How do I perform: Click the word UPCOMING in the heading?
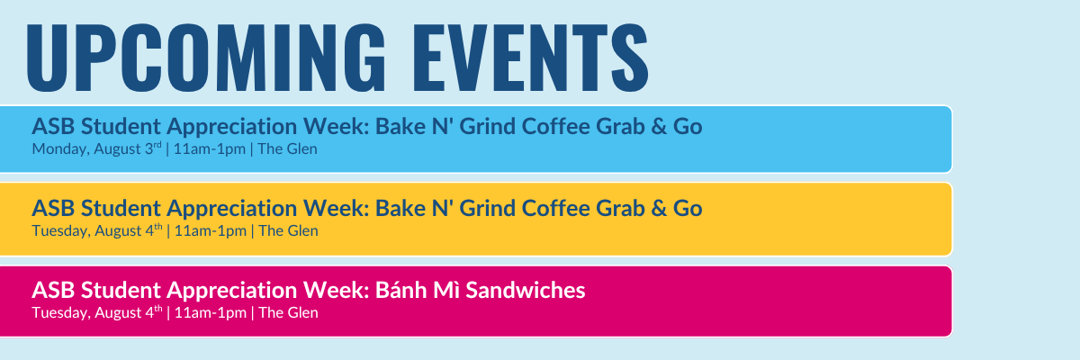pos(206,57)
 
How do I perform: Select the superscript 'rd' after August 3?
pos(157,145)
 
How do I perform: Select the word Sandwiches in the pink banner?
pos(526,290)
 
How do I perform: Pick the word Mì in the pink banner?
pos(446,290)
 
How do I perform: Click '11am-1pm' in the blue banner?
pos(210,148)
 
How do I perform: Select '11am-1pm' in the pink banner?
pos(211,313)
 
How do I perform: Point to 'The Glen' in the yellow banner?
pos(288,230)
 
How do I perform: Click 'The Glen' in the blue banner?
pos(287,148)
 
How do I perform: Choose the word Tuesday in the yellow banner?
pos(61,230)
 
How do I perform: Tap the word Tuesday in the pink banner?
pos(61,313)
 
